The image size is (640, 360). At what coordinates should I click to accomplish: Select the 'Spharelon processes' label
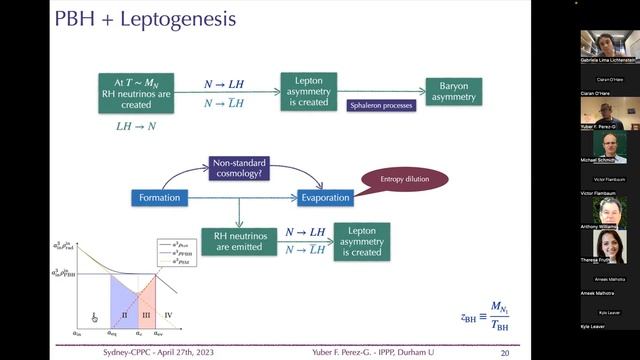(x=382, y=105)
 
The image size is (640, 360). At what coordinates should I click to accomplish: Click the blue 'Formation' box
(x=160, y=198)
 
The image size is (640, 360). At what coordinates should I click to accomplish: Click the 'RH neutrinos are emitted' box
(x=237, y=241)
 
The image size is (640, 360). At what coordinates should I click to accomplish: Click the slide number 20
(x=505, y=352)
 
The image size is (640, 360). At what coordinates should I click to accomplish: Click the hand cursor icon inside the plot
(x=95, y=317)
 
